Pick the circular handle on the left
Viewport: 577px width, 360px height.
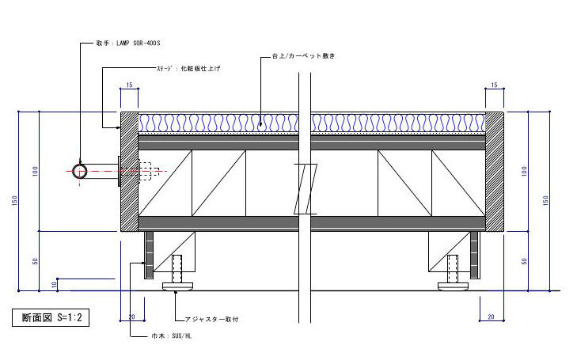[80, 171]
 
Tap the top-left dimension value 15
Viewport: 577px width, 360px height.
[129, 85]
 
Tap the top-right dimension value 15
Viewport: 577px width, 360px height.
[493, 85]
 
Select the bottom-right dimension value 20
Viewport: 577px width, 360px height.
[491, 316]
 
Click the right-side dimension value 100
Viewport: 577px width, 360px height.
[524, 171]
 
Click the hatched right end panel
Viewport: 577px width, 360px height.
[494, 171]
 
